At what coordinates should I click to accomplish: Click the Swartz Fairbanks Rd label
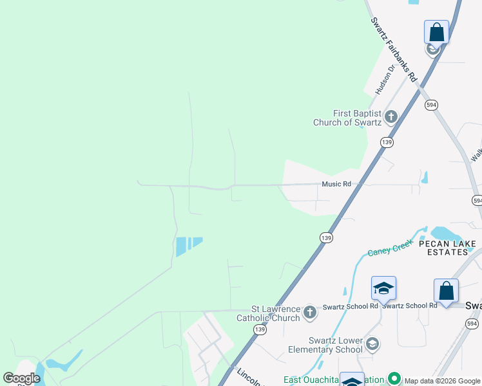(x=394, y=49)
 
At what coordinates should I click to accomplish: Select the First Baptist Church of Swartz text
(x=347, y=118)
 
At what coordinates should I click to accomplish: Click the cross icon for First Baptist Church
(x=390, y=117)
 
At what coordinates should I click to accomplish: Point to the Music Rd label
(x=336, y=184)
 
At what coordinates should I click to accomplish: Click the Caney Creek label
(x=390, y=250)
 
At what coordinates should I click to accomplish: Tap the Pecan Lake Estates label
(x=447, y=248)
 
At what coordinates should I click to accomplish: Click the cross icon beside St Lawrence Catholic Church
(x=310, y=313)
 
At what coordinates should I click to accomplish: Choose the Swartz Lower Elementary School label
(x=322, y=345)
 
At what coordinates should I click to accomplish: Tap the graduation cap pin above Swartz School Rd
(x=383, y=288)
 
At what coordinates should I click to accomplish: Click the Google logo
(x=21, y=378)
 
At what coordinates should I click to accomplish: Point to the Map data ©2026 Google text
(x=442, y=381)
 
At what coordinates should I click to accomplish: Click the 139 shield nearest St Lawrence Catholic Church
(x=260, y=329)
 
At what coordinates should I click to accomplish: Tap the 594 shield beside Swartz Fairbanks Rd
(x=431, y=104)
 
